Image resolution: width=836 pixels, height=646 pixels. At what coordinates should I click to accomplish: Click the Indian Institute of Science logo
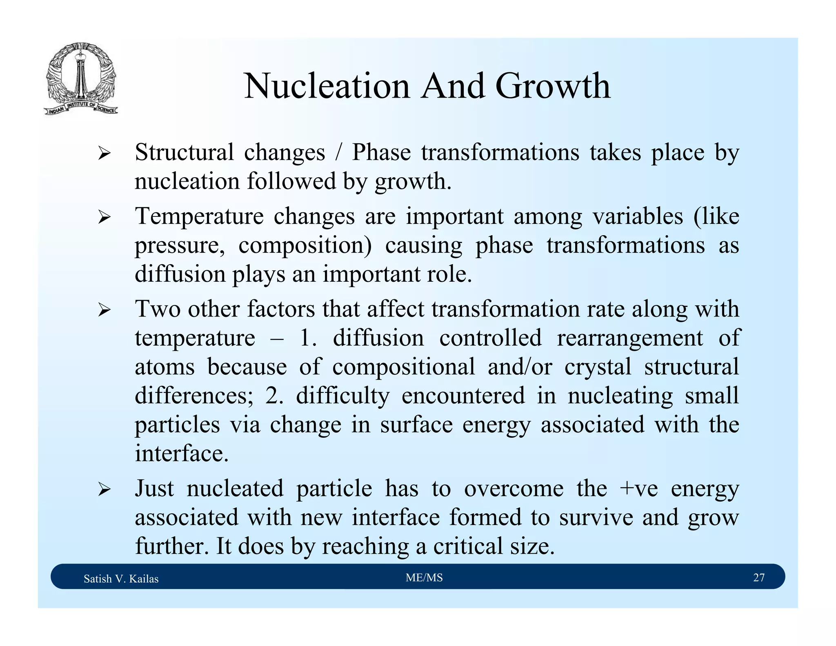(81, 79)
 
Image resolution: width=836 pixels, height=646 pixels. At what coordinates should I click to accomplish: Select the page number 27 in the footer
(758, 577)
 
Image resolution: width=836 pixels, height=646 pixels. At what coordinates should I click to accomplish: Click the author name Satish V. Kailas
(121, 579)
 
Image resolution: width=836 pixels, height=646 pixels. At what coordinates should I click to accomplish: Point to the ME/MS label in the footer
(424, 577)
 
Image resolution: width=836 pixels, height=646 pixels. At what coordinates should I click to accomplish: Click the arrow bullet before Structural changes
(104, 154)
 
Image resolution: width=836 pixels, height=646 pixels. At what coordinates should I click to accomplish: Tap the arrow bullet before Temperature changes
(104, 218)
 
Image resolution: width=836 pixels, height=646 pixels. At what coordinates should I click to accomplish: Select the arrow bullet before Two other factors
(104, 310)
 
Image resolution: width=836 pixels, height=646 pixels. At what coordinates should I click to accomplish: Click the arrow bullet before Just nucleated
(104, 490)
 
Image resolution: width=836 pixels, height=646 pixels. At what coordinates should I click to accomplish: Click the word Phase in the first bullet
(381, 152)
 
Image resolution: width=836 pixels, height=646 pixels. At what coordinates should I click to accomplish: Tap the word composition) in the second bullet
(305, 246)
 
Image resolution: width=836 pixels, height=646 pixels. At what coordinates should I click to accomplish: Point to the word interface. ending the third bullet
(182, 453)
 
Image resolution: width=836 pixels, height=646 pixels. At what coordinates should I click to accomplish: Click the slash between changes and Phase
(338, 152)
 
